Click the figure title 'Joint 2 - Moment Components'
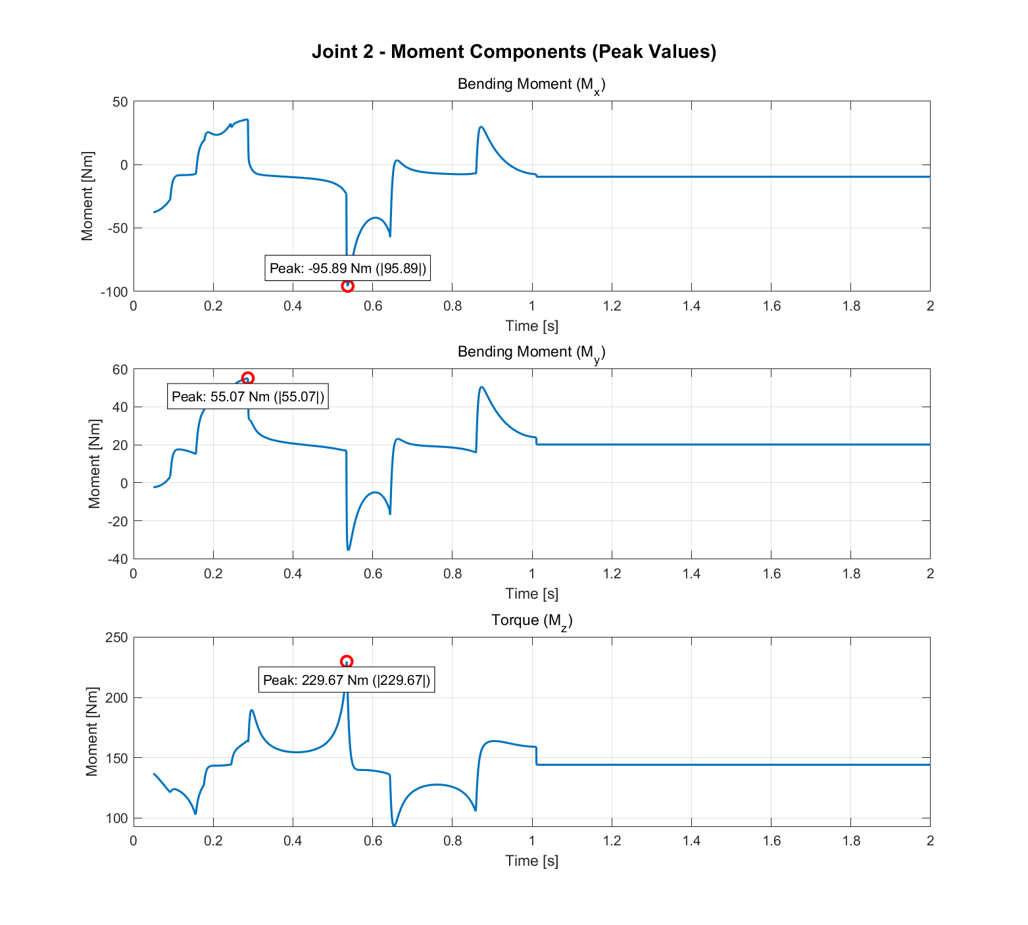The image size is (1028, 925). [514, 51]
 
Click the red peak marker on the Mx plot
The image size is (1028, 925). [347, 286]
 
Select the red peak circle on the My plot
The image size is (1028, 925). [247, 378]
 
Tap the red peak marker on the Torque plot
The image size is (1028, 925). [347, 661]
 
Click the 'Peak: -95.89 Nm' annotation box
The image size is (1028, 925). [347, 268]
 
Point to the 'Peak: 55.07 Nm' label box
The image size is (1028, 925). [247, 397]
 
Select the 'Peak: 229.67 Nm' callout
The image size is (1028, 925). [347, 680]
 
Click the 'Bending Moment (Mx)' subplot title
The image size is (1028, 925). [531, 85]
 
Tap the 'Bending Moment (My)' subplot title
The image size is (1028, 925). [531, 353]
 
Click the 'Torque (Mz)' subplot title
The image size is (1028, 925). [531, 621]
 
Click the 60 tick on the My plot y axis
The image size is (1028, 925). [120, 369]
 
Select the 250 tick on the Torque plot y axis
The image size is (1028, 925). [116, 637]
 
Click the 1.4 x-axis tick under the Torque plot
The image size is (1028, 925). [691, 841]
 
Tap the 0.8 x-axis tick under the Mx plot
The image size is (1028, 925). [453, 306]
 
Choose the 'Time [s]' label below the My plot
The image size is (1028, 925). [531, 593]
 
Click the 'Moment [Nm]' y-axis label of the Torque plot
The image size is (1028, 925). [92, 732]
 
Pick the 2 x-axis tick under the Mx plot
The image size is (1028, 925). [930, 306]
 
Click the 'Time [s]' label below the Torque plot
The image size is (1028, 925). [531, 861]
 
